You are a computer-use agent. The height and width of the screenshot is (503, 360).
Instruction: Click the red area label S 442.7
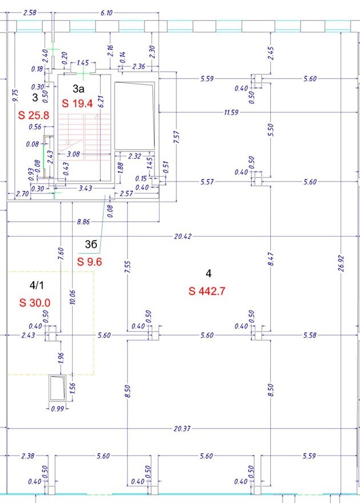click(207, 291)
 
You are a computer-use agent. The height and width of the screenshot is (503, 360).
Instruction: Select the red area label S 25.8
click(34, 115)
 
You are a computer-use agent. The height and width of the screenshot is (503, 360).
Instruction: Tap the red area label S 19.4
click(77, 103)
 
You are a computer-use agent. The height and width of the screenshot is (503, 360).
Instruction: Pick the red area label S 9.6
click(89, 262)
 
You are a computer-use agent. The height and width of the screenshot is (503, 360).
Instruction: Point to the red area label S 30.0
click(34, 302)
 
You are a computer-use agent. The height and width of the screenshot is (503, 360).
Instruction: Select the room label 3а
click(78, 89)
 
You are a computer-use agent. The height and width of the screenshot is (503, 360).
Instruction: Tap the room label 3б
click(91, 245)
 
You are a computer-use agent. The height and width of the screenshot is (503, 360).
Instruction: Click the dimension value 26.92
click(341, 264)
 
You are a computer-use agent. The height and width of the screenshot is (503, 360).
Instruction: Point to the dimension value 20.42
click(183, 237)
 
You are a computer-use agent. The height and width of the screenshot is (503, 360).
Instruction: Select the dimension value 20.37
click(182, 429)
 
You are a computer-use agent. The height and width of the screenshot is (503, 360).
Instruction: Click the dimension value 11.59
click(231, 112)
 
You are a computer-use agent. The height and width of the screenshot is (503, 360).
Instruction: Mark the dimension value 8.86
click(84, 222)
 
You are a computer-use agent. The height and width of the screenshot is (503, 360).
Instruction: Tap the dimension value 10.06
click(73, 297)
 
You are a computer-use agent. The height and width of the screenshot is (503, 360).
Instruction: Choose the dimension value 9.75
click(15, 96)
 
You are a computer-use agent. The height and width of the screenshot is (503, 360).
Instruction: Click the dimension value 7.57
click(177, 137)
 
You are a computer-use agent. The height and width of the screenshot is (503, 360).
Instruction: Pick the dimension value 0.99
click(57, 409)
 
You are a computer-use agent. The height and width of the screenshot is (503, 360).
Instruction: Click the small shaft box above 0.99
click(57, 388)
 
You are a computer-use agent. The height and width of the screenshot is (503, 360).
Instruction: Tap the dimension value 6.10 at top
click(107, 13)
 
